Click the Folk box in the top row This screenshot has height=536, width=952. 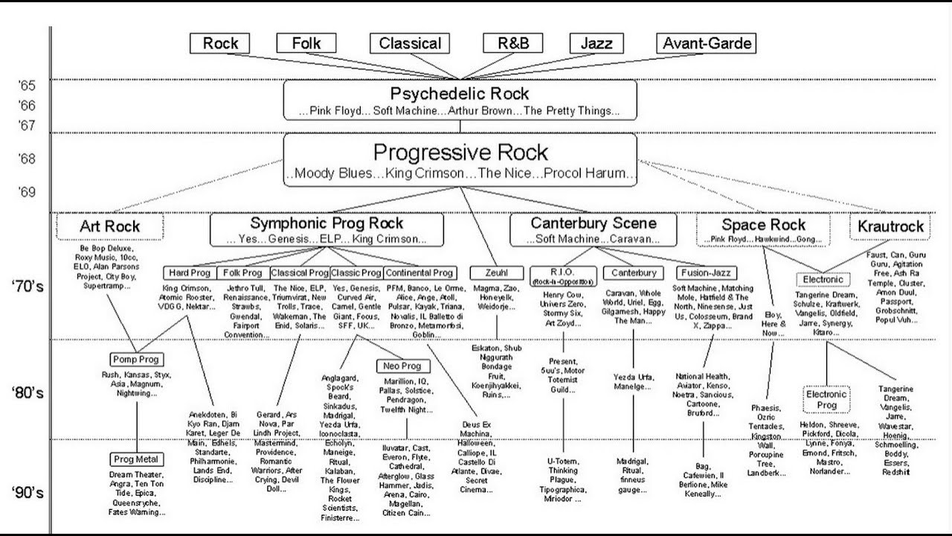point(306,43)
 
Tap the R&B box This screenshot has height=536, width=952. point(513,43)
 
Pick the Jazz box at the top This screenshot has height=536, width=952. point(596,43)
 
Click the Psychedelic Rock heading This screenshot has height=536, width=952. point(460,94)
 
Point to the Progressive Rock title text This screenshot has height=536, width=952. point(460,153)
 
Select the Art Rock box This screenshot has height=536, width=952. point(109,226)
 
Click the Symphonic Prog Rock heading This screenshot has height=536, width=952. point(327,223)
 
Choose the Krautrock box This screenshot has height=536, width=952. point(890,226)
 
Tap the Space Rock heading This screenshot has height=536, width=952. point(763,225)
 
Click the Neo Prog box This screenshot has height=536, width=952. point(402,366)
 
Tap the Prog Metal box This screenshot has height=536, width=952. point(136,459)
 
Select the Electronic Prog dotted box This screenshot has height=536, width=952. point(826,400)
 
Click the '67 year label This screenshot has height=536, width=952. point(27,125)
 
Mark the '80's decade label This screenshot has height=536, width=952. point(30,392)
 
